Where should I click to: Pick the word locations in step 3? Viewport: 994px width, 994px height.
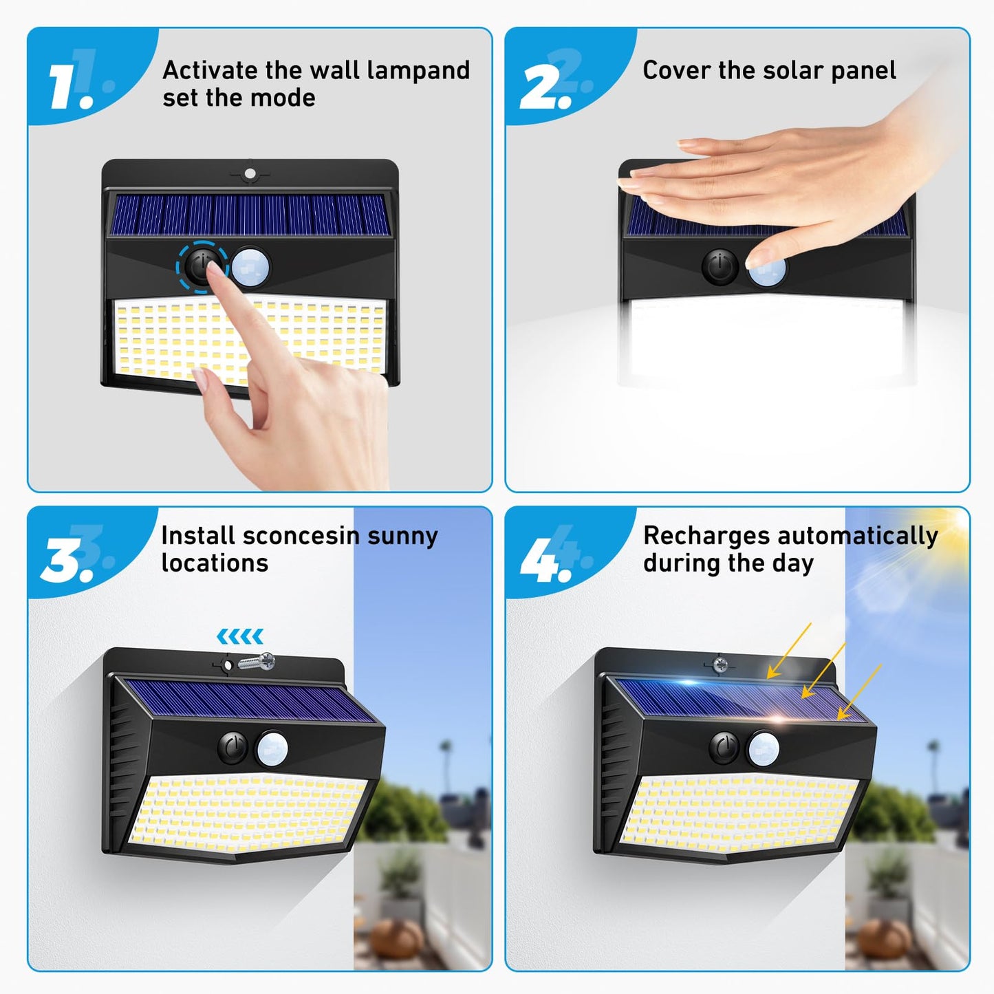pyautogui.click(x=215, y=563)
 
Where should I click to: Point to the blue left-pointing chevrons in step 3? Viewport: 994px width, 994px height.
pyautogui.click(x=240, y=636)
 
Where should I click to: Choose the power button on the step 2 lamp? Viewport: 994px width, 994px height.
pyautogui.click(x=720, y=266)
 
